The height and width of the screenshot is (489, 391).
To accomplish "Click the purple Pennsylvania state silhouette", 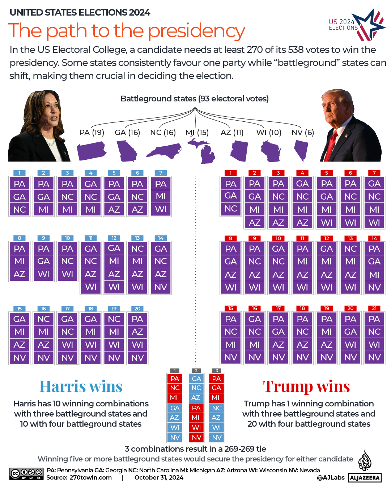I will click(92, 151).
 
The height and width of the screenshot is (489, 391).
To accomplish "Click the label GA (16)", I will click(127, 133).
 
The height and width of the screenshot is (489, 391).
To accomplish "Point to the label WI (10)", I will click(269, 133).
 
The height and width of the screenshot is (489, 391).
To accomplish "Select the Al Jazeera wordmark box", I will click(365, 478).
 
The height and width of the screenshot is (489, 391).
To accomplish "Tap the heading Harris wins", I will click(81, 386).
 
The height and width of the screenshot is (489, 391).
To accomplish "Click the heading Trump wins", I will click(306, 386).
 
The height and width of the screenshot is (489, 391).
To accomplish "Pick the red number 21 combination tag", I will click(374, 308).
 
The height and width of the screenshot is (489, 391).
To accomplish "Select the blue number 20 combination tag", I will click(137, 309).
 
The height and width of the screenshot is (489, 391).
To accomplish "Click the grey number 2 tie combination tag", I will click(196, 371).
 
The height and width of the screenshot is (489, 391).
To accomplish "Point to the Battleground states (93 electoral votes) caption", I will click(195, 99).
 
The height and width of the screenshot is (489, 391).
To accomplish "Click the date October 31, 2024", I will click(159, 478).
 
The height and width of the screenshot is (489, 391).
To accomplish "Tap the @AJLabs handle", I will click(331, 478).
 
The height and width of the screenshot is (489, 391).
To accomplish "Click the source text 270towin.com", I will click(90, 478).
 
